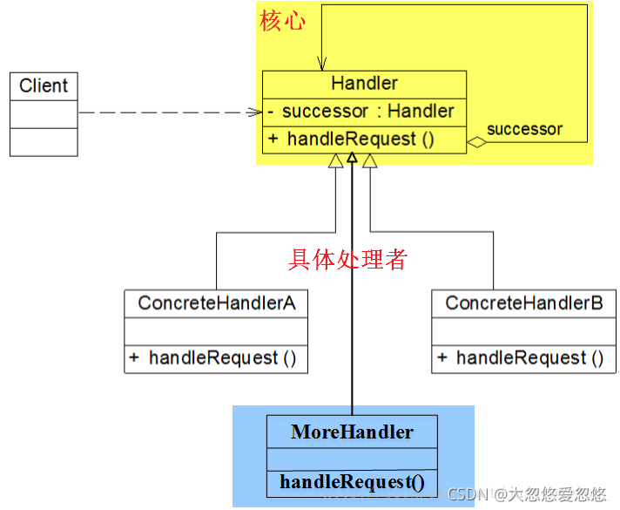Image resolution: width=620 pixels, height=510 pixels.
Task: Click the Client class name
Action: click(x=44, y=85)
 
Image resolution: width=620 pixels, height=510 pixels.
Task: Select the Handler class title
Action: click(x=364, y=84)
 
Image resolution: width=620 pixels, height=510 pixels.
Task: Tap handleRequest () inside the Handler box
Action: click(x=360, y=139)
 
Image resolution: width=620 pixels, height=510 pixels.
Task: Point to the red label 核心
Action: click(x=282, y=22)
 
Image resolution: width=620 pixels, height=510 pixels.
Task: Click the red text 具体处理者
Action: click(x=347, y=259)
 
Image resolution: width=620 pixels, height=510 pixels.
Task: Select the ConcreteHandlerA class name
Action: click(x=216, y=303)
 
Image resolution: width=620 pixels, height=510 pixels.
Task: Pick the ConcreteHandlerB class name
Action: click(x=524, y=303)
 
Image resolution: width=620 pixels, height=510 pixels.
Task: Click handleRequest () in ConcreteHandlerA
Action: click(x=214, y=357)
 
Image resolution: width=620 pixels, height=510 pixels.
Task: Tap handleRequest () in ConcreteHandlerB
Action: click(x=522, y=357)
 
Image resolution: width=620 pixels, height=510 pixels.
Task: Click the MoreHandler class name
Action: click(x=352, y=432)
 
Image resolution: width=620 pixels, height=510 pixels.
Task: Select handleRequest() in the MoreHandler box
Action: click(x=352, y=481)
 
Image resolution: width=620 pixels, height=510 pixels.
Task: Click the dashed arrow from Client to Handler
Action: click(x=165, y=112)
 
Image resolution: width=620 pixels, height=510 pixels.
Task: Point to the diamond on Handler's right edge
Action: click(x=475, y=142)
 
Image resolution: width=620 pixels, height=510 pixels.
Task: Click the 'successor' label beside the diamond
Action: click(x=524, y=129)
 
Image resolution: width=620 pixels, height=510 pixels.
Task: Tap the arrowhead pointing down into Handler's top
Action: click(x=322, y=64)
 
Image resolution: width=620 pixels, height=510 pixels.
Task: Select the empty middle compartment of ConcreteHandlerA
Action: click(x=216, y=331)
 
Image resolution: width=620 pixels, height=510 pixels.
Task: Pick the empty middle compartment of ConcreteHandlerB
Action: click(x=524, y=331)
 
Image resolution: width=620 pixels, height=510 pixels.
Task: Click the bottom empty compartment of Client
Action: click(x=44, y=141)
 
